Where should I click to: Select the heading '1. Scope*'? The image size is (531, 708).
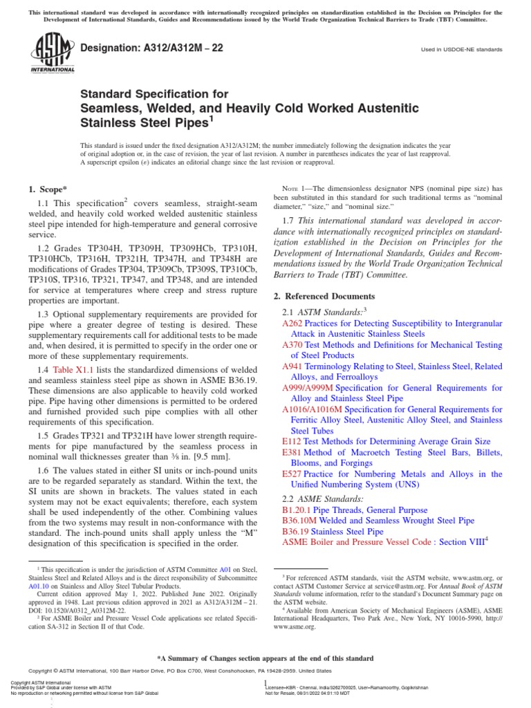click(x=48, y=189)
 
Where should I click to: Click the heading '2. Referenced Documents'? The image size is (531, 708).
click(x=324, y=295)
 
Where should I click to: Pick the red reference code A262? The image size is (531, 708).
click(x=292, y=323)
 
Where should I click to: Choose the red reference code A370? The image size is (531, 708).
click(x=292, y=345)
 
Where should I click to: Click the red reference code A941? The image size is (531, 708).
click(x=292, y=366)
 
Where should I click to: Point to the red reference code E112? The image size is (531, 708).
click(x=291, y=441)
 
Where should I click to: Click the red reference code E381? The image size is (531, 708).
click(x=291, y=452)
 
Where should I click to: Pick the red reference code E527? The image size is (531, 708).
click(x=291, y=474)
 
